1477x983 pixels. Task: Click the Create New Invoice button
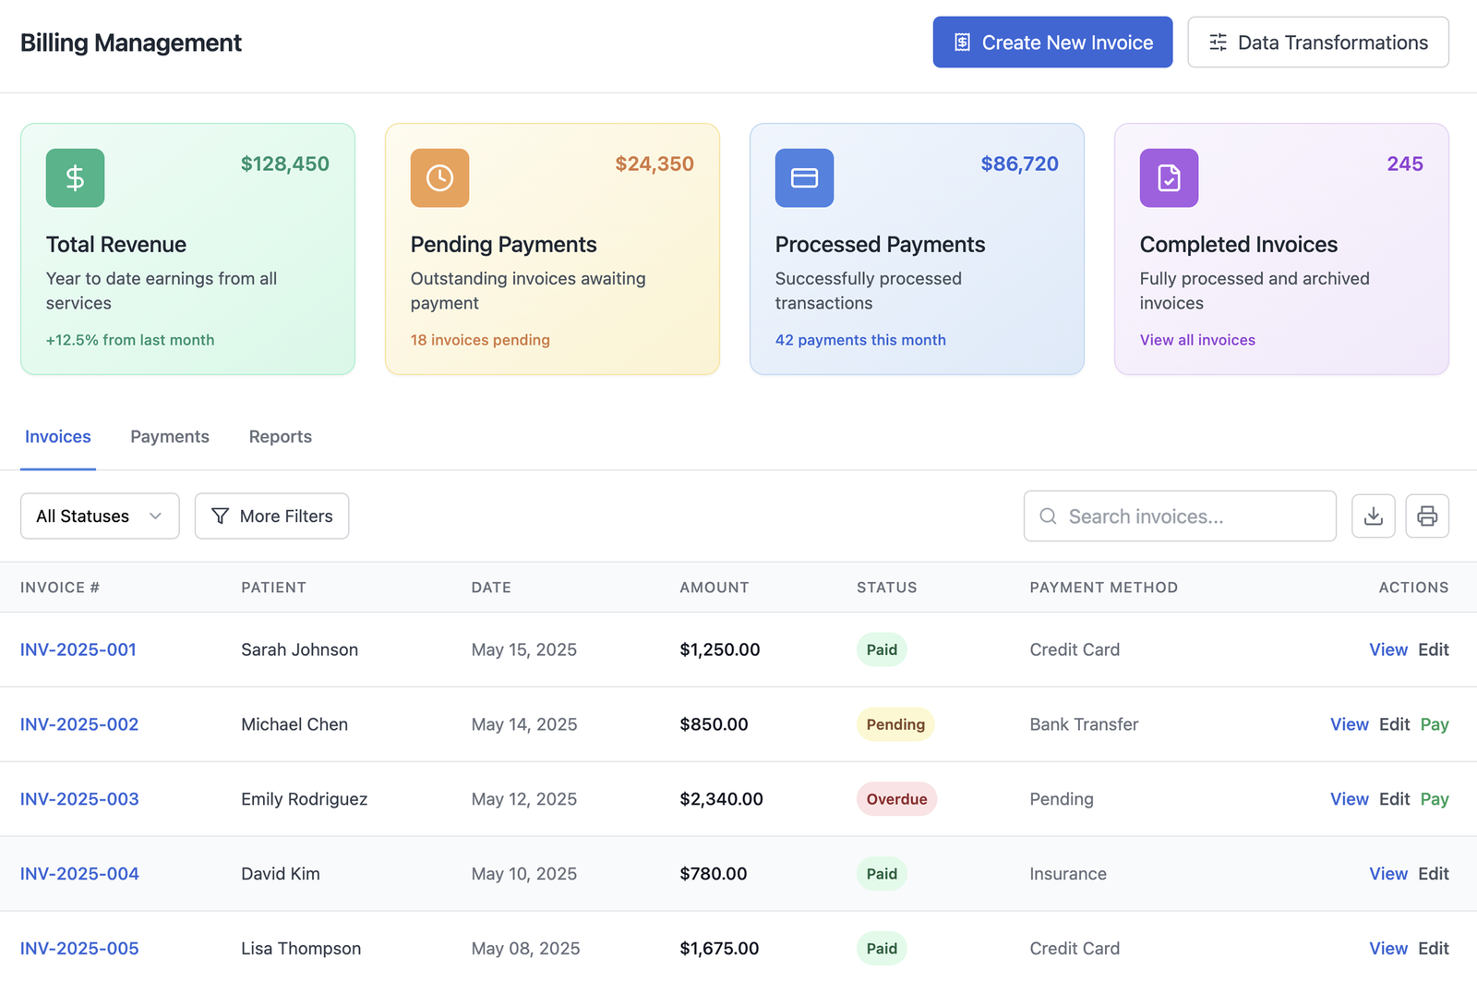coord(1052,42)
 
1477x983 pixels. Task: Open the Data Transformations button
coord(1317,42)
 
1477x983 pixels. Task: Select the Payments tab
coord(170,437)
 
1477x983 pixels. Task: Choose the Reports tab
coord(280,437)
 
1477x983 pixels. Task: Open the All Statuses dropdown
coord(100,516)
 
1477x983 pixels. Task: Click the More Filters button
coord(271,516)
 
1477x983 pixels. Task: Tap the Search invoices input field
coord(1180,516)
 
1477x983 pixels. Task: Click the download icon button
coord(1373,516)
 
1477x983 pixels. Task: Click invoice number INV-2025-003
coord(79,799)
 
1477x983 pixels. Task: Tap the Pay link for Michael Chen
coord(1434,724)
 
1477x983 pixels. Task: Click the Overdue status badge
coord(896,799)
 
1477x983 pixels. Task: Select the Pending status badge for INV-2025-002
coord(895,724)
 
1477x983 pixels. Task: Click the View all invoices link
coord(1197,340)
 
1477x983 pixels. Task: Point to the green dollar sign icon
coord(75,177)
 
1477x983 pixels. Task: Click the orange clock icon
coord(439,177)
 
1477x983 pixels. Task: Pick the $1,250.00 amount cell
coord(720,649)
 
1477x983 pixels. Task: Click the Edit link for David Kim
coord(1433,874)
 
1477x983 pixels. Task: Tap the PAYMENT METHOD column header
coord(1103,588)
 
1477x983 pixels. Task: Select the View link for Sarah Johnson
coord(1387,649)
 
